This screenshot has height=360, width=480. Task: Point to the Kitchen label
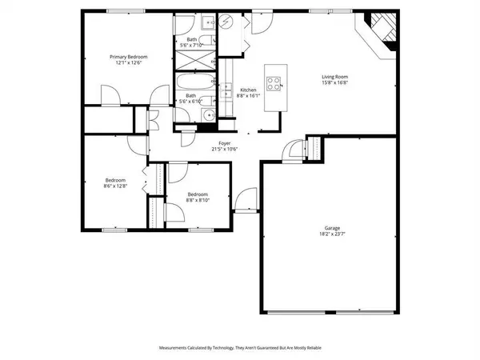pos(249,90)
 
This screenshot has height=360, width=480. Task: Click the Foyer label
pos(214,144)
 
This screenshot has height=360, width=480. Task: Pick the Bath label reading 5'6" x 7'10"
pos(192,43)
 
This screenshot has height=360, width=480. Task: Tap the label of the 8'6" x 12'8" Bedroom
pos(115,182)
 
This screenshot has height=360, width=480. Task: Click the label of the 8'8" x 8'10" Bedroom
pos(198,197)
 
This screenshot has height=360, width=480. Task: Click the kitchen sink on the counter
pos(228,91)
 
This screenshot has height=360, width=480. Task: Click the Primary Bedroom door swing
pos(112,95)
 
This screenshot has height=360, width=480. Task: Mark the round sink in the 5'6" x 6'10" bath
pos(208,114)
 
